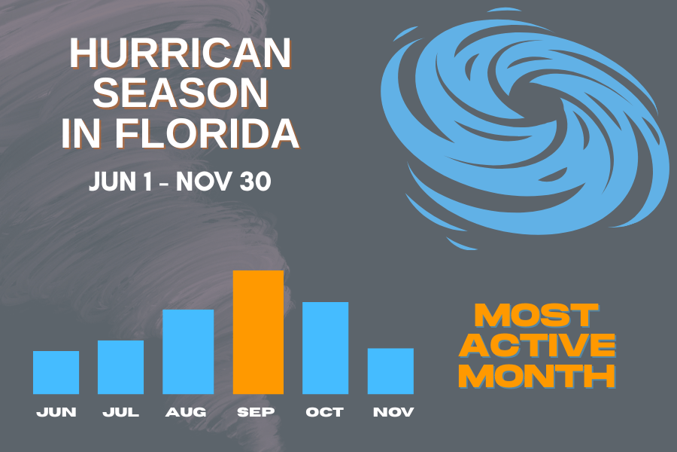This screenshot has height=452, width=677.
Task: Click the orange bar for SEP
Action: point(258,331)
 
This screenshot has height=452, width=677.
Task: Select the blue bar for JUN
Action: point(56,372)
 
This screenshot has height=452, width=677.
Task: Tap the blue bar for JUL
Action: point(120,367)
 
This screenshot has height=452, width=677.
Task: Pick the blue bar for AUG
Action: point(188,351)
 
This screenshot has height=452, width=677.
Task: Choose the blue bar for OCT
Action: point(325,347)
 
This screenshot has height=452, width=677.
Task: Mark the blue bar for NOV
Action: point(390,371)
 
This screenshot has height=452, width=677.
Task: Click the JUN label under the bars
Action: point(56,412)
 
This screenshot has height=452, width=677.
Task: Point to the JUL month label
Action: point(120,412)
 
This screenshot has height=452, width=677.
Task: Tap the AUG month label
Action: point(186,412)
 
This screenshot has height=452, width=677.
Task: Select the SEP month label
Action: point(256,412)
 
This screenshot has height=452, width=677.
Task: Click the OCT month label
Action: point(324,412)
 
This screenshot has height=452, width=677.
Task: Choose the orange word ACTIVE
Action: point(537,344)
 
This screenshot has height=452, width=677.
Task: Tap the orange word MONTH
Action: point(537,374)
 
